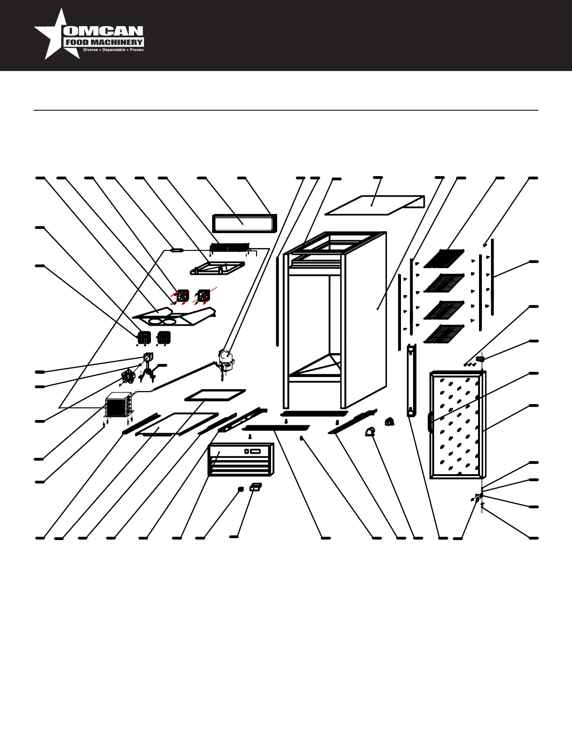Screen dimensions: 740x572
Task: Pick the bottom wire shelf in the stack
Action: pyautogui.click(x=444, y=334)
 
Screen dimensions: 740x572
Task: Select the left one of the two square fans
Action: pyautogui.click(x=182, y=296)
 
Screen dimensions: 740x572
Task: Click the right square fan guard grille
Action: pyautogui.click(x=164, y=337)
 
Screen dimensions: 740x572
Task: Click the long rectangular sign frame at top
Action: pyautogui.click(x=244, y=223)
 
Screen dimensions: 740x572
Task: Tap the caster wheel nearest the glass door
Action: pyautogui.click(x=389, y=422)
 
